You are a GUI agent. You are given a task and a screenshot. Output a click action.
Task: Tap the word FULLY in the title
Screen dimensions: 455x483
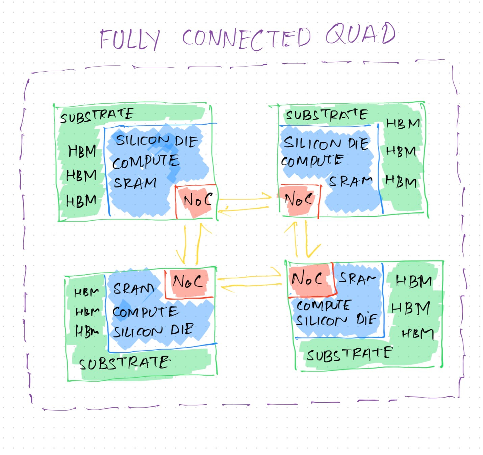click(130, 40)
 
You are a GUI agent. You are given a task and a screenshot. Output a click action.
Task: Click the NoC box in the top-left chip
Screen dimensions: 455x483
click(196, 201)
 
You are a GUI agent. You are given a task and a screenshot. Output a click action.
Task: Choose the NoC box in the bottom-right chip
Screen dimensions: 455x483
click(308, 279)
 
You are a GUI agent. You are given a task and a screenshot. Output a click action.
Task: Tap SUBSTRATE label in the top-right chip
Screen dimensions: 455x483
click(327, 115)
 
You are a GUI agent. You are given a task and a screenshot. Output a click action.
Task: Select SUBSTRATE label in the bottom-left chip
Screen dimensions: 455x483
click(125, 363)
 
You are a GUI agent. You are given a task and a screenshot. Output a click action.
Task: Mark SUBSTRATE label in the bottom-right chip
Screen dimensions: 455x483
click(350, 354)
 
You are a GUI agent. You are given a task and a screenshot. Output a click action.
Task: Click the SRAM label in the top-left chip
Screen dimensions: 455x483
click(135, 183)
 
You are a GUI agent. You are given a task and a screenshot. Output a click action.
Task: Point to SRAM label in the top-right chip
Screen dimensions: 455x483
click(351, 181)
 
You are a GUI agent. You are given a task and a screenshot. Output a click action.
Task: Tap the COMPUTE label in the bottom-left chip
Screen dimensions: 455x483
click(145, 312)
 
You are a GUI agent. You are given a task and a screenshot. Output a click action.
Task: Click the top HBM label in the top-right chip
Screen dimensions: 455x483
click(403, 124)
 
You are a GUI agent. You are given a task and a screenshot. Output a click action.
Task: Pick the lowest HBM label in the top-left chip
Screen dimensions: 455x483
click(81, 201)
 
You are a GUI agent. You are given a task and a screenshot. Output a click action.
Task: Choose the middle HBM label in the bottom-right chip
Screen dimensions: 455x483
click(411, 308)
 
